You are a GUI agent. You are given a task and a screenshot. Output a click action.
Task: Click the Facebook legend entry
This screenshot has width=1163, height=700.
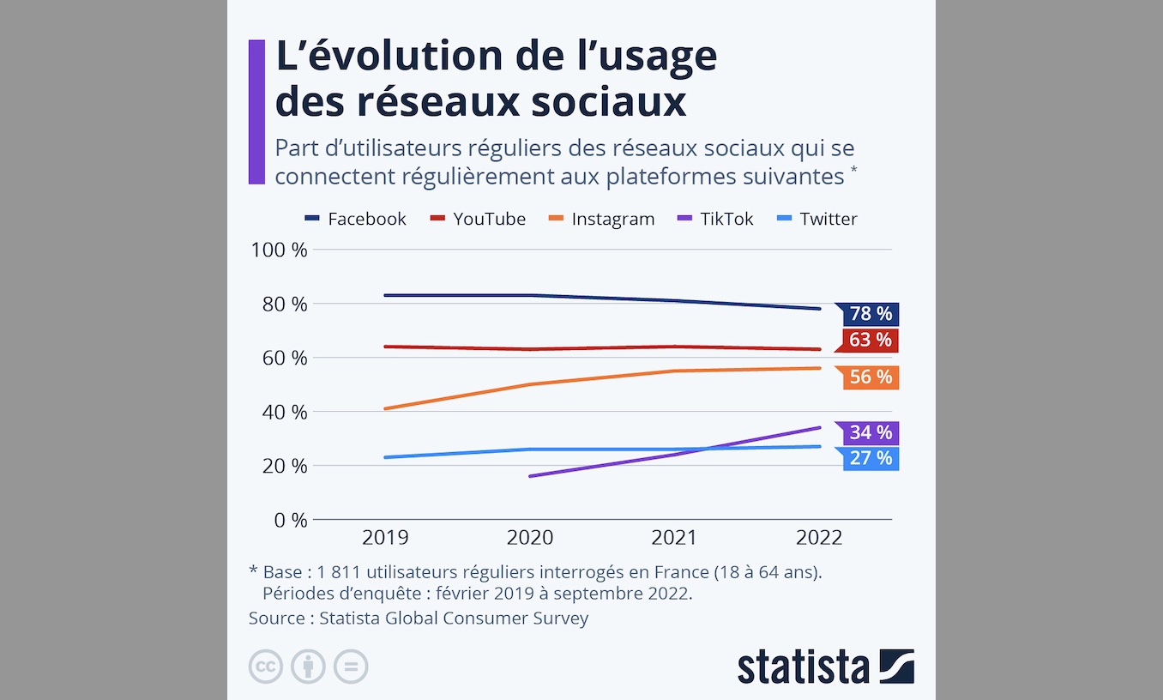click(356, 219)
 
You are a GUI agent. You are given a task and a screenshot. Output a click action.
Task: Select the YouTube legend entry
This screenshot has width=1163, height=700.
click(479, 219)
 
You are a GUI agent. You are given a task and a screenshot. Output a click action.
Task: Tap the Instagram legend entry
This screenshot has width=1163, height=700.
click(602, 219)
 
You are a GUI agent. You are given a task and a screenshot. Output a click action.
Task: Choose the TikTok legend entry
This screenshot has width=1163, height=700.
click(716, 219)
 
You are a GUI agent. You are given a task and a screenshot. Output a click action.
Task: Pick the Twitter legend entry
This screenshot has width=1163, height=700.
click(817, 219)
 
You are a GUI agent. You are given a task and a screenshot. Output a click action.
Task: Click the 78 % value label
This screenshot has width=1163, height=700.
click(871, 314)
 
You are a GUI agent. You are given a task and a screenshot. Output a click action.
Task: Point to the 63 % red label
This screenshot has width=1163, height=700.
click(871, 341)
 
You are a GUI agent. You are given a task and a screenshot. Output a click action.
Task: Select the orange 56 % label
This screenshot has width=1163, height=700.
click(871, 377)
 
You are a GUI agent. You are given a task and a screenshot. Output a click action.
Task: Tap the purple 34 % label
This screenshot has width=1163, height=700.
click(871, 432)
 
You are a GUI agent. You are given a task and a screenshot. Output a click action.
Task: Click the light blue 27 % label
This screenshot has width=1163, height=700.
click(871, 458)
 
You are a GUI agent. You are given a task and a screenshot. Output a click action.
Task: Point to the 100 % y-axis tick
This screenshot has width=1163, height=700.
click(279, 250)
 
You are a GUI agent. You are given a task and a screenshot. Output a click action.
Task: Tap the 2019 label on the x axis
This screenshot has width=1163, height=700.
click(385, 538)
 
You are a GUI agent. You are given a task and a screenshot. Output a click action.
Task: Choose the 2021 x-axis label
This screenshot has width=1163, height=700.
click(674, 538)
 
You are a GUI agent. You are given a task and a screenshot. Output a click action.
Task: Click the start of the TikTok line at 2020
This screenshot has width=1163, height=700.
click(530, 476)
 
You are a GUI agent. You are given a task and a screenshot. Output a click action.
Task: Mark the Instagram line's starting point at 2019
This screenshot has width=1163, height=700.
click(385, 408)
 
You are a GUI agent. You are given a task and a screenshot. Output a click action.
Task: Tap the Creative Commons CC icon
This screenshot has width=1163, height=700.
click(266, 667)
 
